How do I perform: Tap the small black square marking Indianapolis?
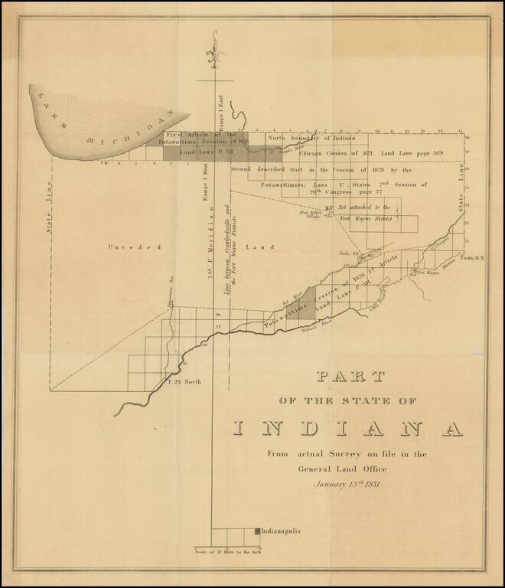[x=257, y=531]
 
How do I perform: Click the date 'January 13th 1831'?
[x=346, y=483]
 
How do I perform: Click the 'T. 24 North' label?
[x=184, y=381]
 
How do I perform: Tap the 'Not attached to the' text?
[x=363, y=207]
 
